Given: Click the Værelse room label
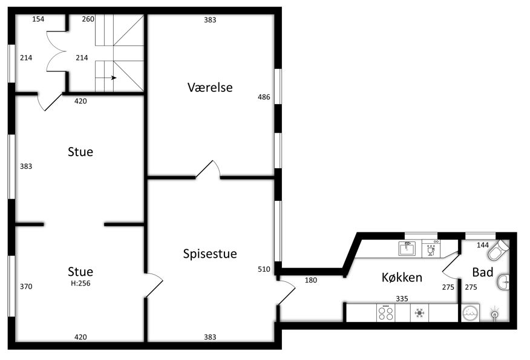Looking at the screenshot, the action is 210,87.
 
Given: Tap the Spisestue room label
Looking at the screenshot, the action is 210,254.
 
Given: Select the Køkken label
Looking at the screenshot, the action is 402,277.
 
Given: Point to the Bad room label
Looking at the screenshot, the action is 482,272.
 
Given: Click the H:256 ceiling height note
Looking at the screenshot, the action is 80,283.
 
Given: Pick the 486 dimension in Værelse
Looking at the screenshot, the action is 264,97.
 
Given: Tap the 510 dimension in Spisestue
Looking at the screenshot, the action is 264,269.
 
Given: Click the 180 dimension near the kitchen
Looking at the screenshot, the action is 311,280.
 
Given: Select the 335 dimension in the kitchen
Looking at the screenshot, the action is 402,298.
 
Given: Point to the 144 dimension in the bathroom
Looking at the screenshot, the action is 483,244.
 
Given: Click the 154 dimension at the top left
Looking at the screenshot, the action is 38,19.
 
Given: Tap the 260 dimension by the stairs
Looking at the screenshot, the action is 88,19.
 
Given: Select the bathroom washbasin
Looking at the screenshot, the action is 503,281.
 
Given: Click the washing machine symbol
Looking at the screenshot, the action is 470,313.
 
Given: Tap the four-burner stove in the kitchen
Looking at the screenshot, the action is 385,313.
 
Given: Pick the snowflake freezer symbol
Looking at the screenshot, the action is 419,313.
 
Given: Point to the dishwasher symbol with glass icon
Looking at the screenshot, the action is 431,249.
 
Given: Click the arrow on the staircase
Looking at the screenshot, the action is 111,77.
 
